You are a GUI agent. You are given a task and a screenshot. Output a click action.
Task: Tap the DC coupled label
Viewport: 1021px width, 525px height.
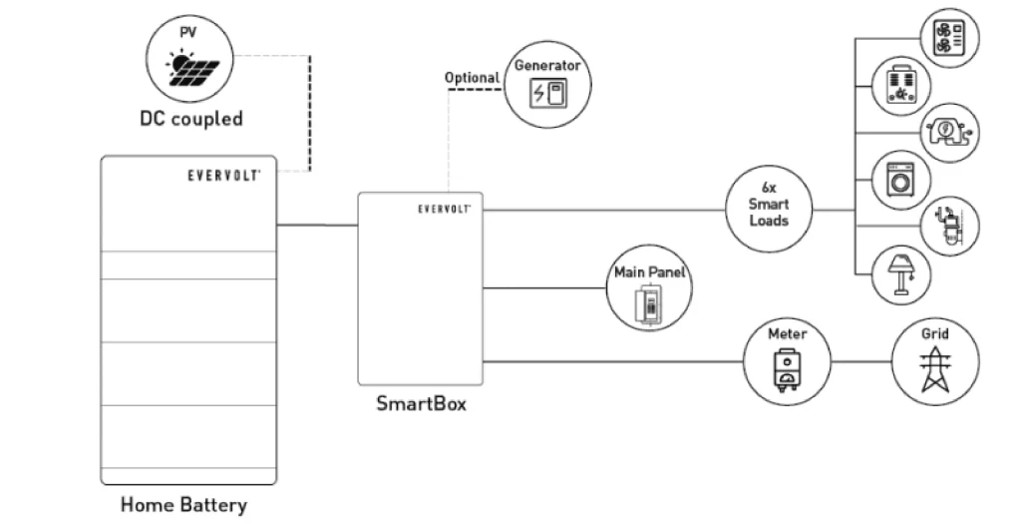point(190,119)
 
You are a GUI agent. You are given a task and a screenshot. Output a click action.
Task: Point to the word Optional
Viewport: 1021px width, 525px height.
point(473,77)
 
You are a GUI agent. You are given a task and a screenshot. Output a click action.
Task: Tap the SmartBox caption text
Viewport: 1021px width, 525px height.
point(420,404)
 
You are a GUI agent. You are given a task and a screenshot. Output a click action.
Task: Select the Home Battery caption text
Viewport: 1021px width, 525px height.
point(183,504)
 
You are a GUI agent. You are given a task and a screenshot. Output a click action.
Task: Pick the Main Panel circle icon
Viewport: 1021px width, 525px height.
point(650,290)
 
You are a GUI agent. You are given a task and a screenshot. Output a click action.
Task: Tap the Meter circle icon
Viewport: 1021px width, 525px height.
point(787,360)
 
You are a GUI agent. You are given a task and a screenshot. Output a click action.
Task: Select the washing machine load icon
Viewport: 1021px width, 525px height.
point(900,181)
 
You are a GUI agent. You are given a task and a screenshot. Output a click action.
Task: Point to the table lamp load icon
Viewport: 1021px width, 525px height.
point(900,272)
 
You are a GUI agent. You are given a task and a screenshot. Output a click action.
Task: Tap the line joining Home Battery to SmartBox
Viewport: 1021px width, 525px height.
point(317,225)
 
